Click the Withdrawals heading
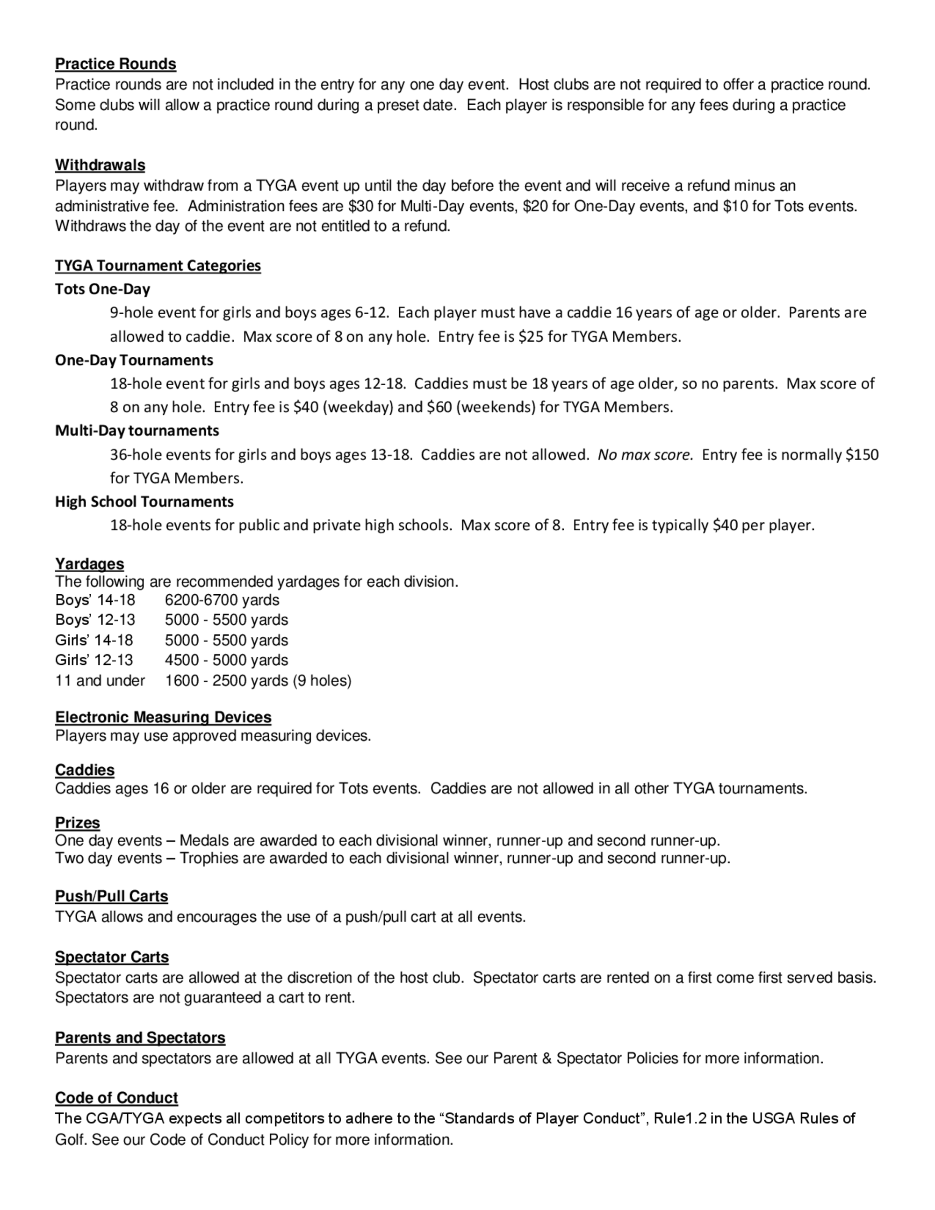[x=100, y=165]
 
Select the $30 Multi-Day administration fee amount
[x=360, y=206]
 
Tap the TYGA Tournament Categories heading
[x=158, y=266]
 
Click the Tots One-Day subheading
[x=102, y=289]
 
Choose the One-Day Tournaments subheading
[x=134, y=360]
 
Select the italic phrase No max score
[x=645, y=455]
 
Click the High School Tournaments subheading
[x=144, y=502]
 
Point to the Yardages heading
[x=89, y=564]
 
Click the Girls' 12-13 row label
[x=94, y=660]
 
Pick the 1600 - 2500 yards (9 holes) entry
[x=258, y=680]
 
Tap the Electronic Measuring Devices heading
[x=163, y=718]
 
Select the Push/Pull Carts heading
[x=111, y=896]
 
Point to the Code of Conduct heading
[x=116, y=1098]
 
